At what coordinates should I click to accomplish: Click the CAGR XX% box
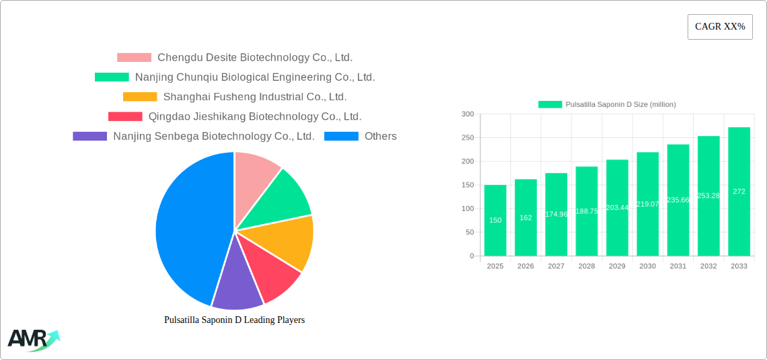pos(720,27)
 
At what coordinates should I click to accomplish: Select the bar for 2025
pos(495,220)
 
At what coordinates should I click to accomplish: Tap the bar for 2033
pos(739,191)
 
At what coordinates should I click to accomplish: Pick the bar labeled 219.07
pos(647,204)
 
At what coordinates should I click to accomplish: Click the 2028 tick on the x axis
pos(587,266)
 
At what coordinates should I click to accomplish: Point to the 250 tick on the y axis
pos(467,138)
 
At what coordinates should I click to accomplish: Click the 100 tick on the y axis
pos(467,209)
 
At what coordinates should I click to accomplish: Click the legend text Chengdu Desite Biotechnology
pos(255,58)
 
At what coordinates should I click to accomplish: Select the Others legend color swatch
pos(341,136)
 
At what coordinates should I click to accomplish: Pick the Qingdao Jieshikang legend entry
pos(255,116)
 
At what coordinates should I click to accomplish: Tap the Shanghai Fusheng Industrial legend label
pos(255,97)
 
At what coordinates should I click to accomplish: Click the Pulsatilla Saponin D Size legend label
pos(620,104)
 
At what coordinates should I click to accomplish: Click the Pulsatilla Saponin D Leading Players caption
pos(234,320)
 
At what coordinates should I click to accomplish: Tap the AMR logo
pos(32,339)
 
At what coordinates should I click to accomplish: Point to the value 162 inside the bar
pos(525,217)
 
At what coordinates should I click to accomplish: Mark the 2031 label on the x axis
pos(678,266)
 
